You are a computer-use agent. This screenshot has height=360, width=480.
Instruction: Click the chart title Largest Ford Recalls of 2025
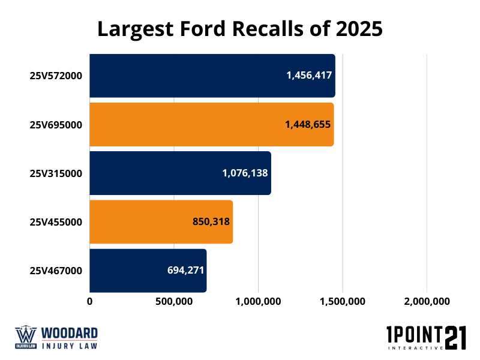click(x=240, y=28)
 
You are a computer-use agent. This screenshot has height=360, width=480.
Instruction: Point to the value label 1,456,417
click(x=309, y=76)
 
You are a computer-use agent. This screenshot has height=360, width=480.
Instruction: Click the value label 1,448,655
click(x=308, y=124)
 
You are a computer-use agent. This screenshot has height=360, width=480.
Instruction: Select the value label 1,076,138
click(x=245, y=173)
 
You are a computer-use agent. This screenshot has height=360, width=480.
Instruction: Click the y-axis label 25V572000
click(x=56, y=76)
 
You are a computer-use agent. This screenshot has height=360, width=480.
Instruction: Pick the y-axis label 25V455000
click(x=56, y=221)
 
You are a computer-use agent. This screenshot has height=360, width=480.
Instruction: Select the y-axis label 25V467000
click(x=56, y=270)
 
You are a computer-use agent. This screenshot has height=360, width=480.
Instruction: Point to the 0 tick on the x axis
click(x=90, y=301)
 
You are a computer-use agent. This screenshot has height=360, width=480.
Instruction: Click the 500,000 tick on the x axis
click(x=174, y=301)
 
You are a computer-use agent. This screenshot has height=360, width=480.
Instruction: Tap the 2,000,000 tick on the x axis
click(x=427, y=301)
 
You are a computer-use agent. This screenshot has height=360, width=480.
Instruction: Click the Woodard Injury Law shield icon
click(x=25, y=338)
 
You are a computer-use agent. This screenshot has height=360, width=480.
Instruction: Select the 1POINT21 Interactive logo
click(x=427, y=338)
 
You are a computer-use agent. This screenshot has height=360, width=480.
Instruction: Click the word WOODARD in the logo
click(x=69, y=333)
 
